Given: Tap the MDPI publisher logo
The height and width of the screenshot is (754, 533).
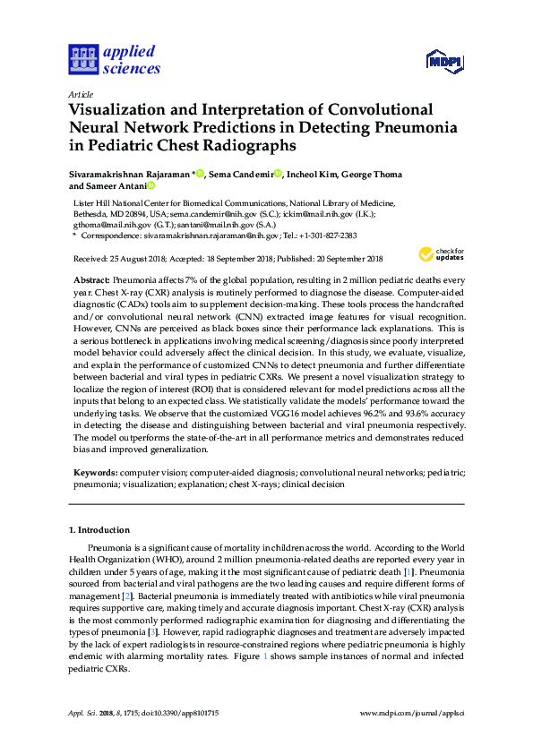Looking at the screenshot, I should [443, 61].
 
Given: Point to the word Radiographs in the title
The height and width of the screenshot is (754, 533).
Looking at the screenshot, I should [247, 144].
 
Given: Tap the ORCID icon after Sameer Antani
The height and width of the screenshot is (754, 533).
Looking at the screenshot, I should [150, 186].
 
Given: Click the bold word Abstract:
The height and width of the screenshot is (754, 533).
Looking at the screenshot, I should [91, 280].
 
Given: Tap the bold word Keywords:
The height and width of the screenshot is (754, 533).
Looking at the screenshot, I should [95, 471].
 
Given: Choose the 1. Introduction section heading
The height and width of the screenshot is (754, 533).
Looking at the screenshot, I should [99, 530].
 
